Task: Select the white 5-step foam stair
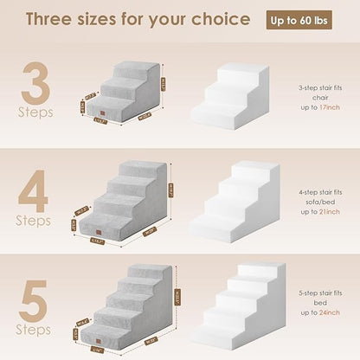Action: click(x=238, y=307)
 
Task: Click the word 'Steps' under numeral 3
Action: click(x=35, y=112)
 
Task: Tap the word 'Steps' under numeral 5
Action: click(x=35, y=330)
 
